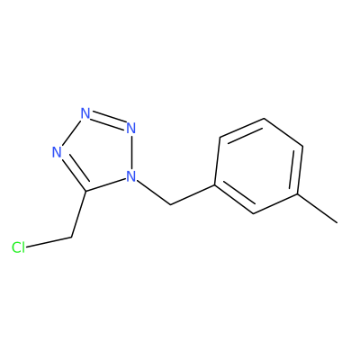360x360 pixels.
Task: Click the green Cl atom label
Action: coord(18,247)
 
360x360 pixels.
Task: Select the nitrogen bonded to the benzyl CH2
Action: coord(130,176)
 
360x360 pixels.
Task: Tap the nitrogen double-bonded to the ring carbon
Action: coord(57,152)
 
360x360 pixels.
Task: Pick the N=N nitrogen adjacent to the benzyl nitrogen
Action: coord(130,128)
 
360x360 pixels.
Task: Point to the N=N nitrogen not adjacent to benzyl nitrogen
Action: coord(85,113)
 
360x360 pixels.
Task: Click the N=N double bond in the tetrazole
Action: coord(108,121)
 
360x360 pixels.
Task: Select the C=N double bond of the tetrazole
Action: coord(73,173)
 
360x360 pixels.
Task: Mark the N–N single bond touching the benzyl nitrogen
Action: coord(130,152)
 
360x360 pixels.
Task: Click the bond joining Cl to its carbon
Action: coord(49,243)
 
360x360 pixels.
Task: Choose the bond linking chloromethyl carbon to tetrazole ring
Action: coord(78,214)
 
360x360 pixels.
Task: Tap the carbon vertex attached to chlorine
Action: coord(72,238)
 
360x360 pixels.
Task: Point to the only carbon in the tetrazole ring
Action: coord(85,191)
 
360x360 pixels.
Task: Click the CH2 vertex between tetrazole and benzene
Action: coord(170,204)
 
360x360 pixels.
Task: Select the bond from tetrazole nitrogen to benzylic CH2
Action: coord(153,193)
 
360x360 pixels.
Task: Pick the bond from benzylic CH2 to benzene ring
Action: coord(193,194)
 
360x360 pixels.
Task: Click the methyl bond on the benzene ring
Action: coord(318,208)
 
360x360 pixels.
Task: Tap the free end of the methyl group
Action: coord(337,223)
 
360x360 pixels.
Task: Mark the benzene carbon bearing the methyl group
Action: coord(298,194)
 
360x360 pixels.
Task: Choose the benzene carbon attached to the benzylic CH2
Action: coord(215,184)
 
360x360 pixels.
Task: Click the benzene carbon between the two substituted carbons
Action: coord(254,213)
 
